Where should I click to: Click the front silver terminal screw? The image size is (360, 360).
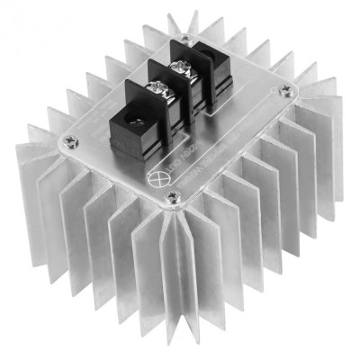(157, 88)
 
